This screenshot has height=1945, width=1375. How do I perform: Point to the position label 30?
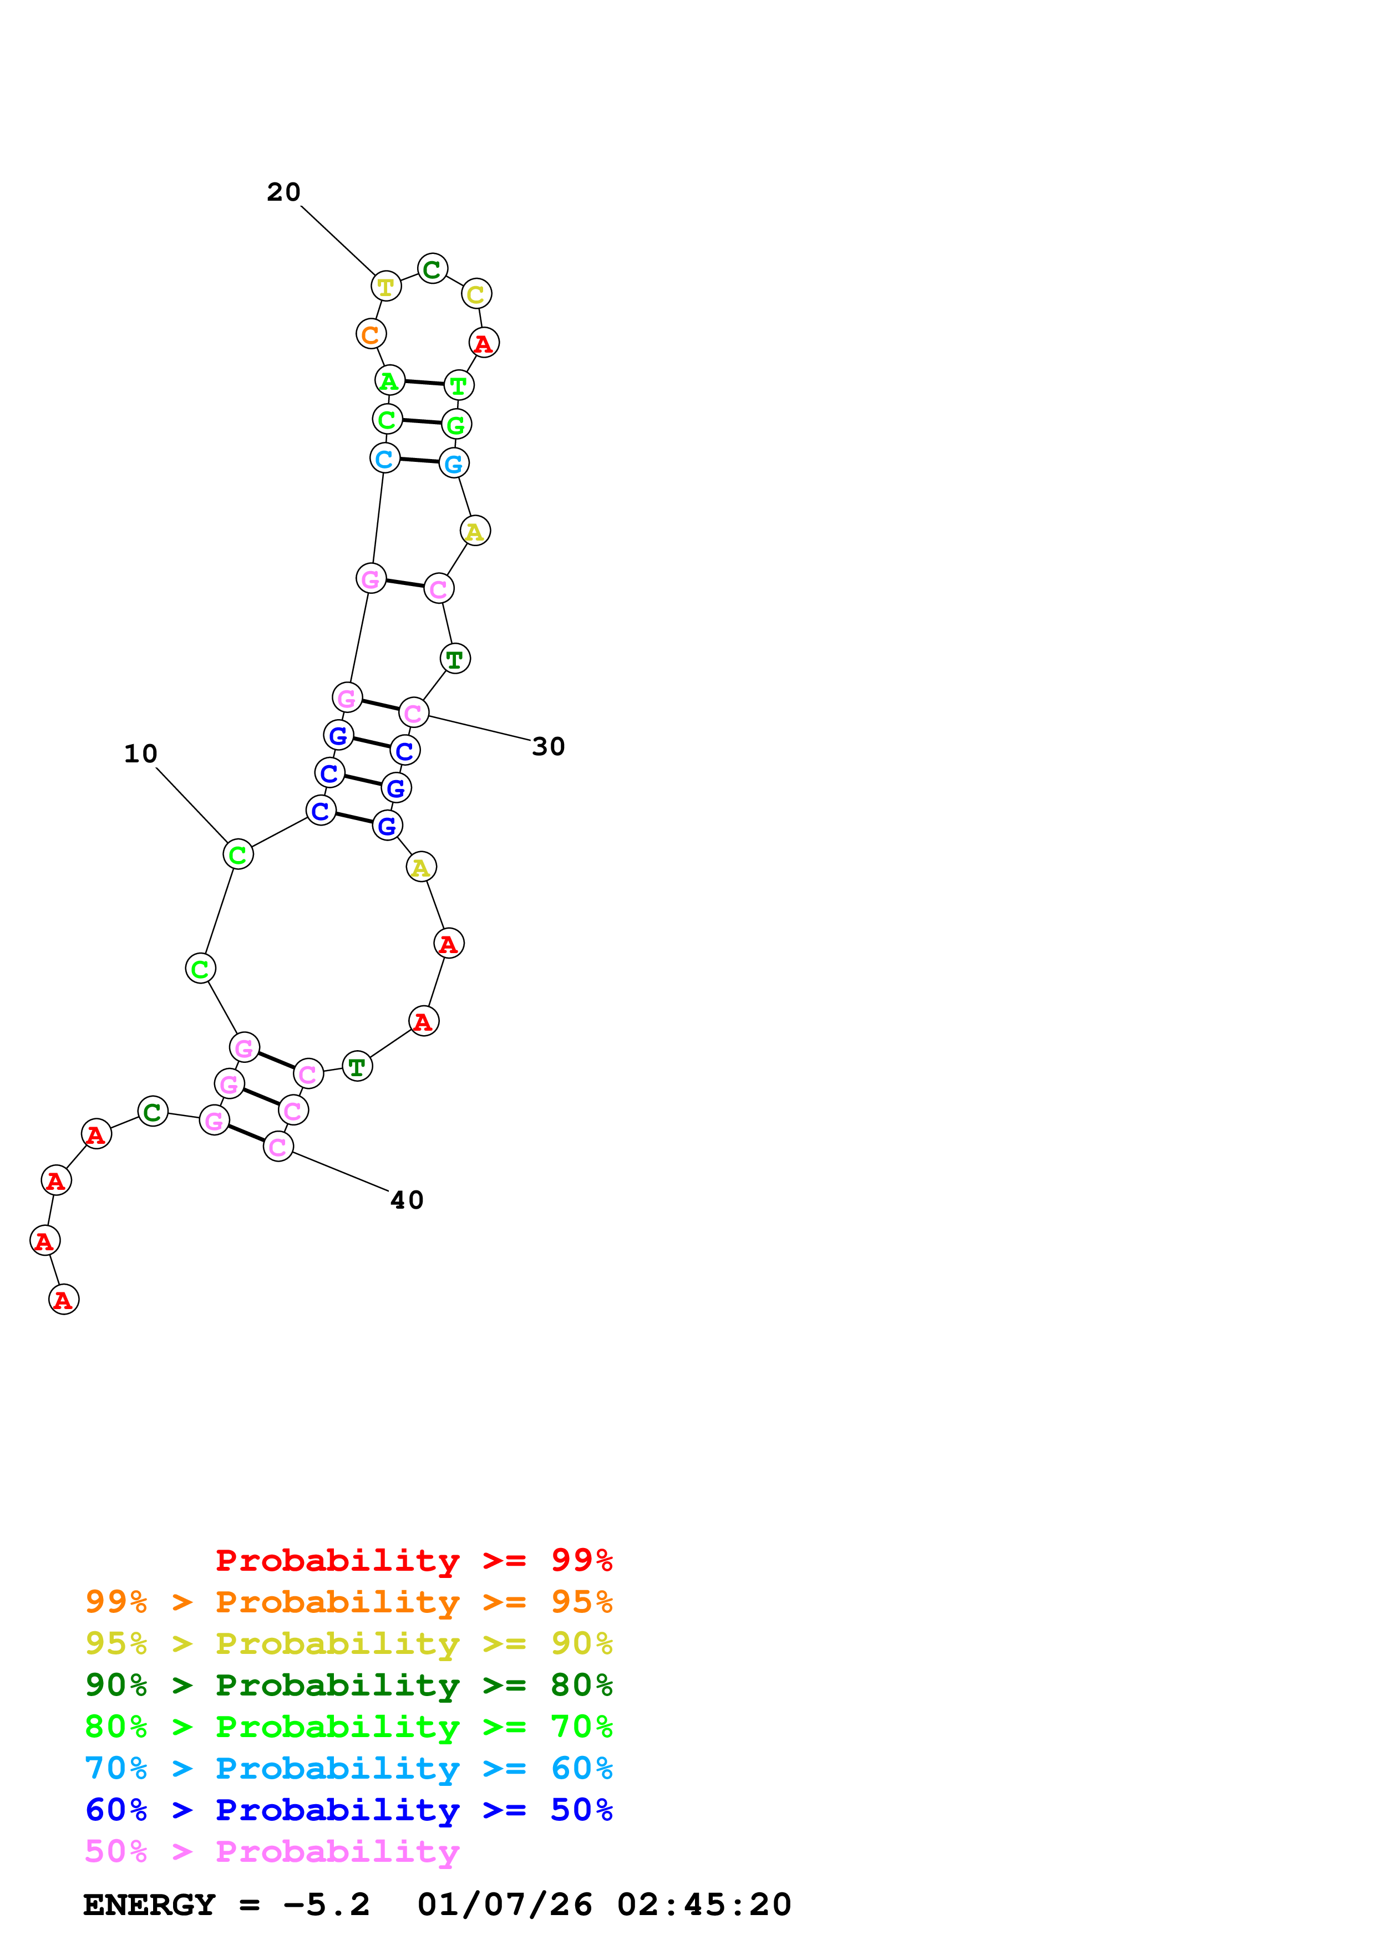[548, 746]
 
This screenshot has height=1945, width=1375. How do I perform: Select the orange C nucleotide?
[370, 335]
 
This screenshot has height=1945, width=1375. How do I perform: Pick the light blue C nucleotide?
[384, 459]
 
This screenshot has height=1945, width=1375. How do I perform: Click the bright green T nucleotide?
[458, 385]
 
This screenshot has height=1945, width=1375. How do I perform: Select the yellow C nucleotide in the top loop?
[476, 294]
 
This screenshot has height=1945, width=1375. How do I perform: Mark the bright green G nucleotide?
[456, 424]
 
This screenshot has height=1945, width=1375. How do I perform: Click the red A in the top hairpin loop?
[484, 343]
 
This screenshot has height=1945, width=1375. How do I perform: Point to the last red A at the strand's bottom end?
[64, 1300]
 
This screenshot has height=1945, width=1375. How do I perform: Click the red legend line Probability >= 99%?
[413, 1560]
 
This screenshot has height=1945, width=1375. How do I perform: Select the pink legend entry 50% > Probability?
[271, 1852]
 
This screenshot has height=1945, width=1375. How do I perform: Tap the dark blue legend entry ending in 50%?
[348, 1810]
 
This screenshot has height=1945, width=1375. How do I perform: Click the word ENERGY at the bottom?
[149, 1905]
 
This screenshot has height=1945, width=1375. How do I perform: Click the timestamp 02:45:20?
[703, 1905]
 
